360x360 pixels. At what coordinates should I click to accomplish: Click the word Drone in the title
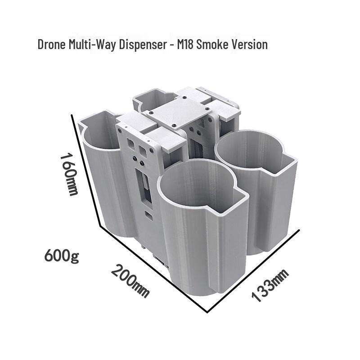pos(52,44)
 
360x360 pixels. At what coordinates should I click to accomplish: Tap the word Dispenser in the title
pos(143,45)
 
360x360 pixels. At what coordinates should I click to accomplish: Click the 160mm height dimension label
pos(69,175)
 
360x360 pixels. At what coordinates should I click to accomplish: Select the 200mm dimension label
pos(130,281)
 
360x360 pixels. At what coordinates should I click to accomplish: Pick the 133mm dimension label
pos(270,285)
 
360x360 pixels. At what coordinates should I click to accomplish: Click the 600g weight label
pos(62,255)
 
